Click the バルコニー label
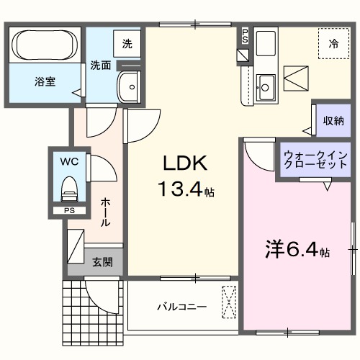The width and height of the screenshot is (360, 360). click(x=182, y=307)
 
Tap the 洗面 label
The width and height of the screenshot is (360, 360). click(x=100, y=65)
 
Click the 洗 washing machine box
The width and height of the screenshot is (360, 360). click(x=127, y=43)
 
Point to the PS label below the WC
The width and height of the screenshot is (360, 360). click(x=69, y=211)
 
